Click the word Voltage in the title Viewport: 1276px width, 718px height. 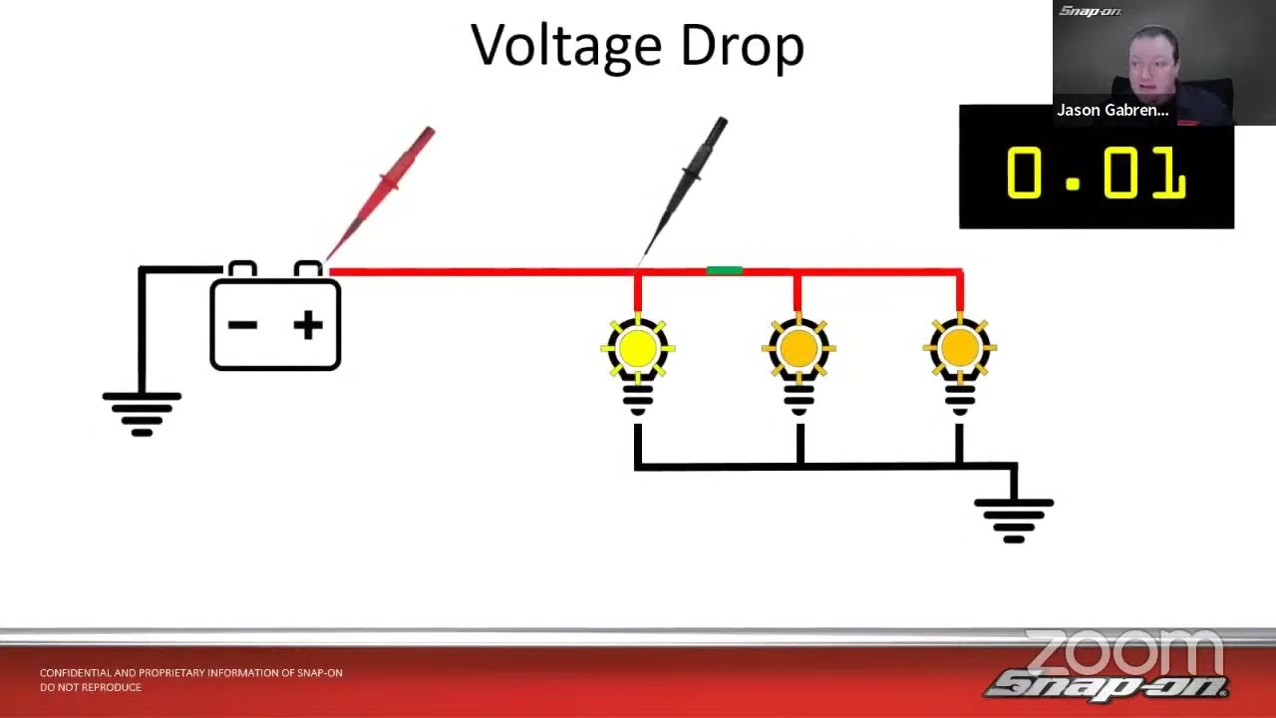tap(567, 47)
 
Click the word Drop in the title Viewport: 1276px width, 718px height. tap(743, 47)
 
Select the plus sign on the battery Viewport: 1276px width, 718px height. tap(308, 325)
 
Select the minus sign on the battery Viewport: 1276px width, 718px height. tap(242, 325)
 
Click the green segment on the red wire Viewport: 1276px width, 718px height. tap(724, 270)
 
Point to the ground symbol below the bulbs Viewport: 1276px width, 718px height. tap(1014, 520)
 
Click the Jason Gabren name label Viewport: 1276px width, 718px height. tap(1113, 111)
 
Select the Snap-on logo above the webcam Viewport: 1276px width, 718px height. tap(1090, 12)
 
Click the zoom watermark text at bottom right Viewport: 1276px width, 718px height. tap(1123, 652)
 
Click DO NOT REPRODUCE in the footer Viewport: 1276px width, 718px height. tap(90, 687)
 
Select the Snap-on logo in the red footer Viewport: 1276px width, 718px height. tap(1106, 687)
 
